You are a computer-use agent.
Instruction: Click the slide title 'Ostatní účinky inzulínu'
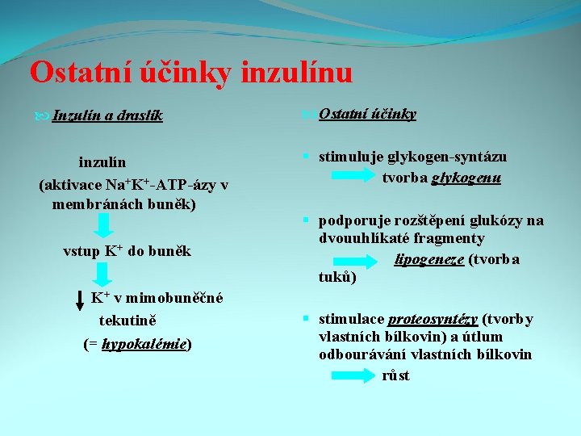[191, 73]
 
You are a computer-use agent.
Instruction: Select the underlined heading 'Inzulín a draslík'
[107, 115]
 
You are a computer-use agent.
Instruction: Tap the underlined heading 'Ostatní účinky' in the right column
[367, 114]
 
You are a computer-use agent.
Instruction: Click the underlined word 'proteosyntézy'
[433, 319]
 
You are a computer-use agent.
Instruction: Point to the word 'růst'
[395, 375]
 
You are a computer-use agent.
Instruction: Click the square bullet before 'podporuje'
[307, 220]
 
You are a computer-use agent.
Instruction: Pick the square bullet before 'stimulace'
[307, 319]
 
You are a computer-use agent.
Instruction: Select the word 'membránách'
[95, 204]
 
